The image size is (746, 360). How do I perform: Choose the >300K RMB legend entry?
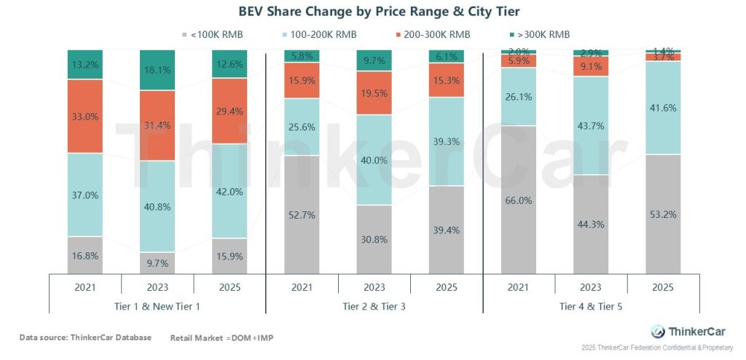point(538,34)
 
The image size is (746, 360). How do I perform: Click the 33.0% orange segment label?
point(85,116)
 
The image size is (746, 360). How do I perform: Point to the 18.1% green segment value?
point(157,70)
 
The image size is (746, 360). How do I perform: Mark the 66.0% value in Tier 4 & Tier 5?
point(519,200)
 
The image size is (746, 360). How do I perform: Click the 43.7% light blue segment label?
point(591,126)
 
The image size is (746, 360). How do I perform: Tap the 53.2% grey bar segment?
point(663,214)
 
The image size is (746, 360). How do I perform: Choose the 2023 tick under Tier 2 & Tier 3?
point(374,287)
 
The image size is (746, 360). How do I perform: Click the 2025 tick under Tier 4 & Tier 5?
point(663,287)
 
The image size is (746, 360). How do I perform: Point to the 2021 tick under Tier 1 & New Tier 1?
point(85,287)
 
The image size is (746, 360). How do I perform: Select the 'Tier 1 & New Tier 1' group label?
point(157,306)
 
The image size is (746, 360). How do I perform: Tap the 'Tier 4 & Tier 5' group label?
point(591,306)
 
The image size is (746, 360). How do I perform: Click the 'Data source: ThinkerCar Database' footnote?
point(85,337)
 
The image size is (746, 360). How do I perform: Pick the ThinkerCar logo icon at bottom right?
point(658,331)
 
